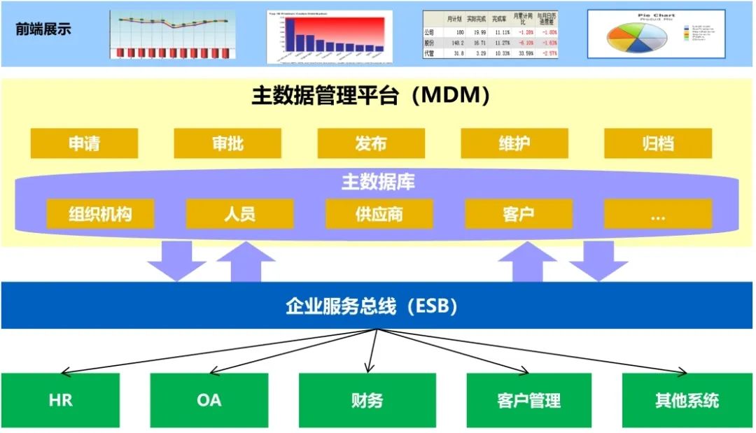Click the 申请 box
click(x=84, y=143)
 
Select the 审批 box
click(x=227, y=143)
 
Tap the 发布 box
click(x=371, y=143)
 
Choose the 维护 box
click(x=514, y=143)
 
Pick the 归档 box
click(x=658, y=143)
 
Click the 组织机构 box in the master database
click(x=100, y=213)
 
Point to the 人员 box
click(x=239, y=213)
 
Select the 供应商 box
click(x=379, y=213)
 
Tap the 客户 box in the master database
click(x=518, y=213)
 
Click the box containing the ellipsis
click(x=657, y=213)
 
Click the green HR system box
click(x=60, y=400)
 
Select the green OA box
click(x=209, y=400)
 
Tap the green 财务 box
click(x=367, y=400)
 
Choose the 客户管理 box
click(x=528, y=400)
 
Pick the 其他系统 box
click(x=687, y=400)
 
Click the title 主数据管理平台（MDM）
click(x=370, y=96)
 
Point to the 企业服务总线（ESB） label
click(x=372, y=306)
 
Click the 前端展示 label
click(x=43, y=29)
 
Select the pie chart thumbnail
click(x=656, y=34)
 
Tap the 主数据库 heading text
click(x=378, y=182)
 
